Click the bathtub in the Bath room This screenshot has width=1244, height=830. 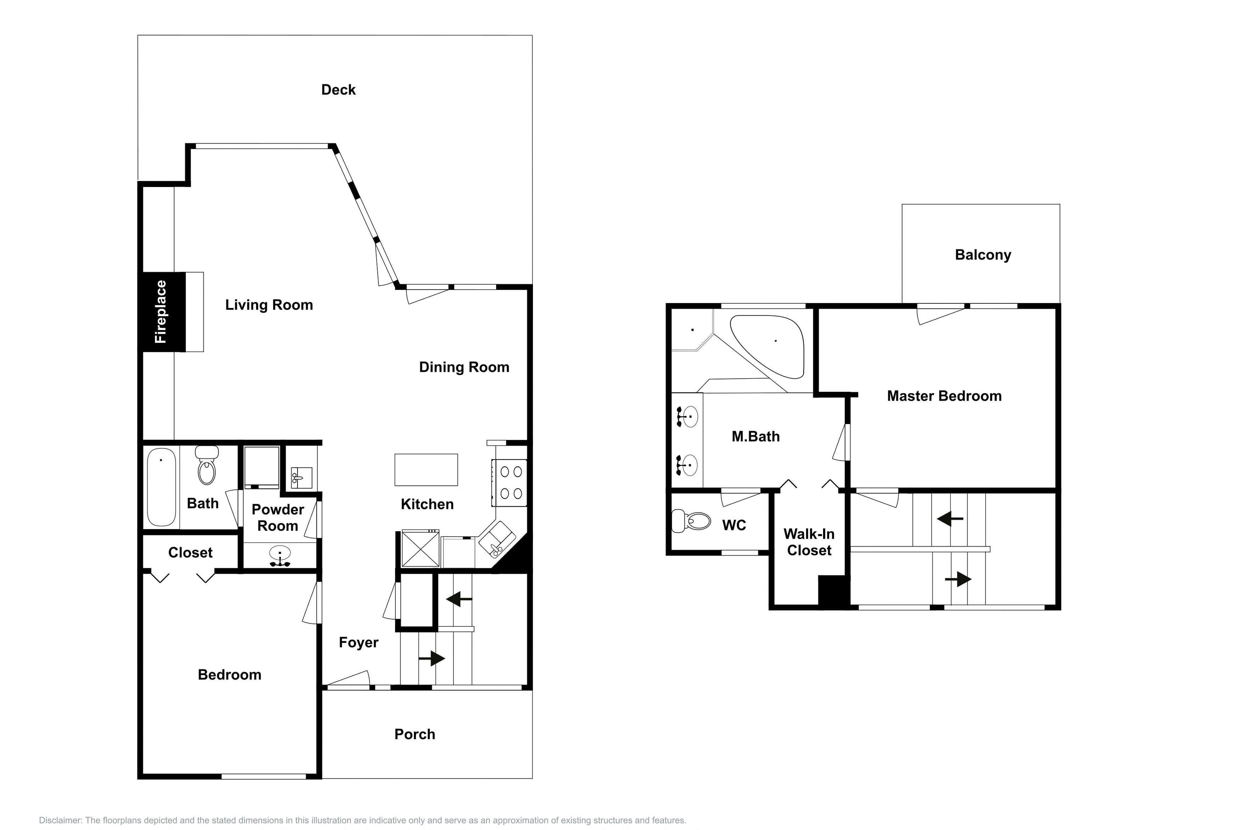pos(161,487)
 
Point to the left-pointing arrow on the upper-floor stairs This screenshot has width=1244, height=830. pos(950,519)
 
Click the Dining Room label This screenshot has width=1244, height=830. pos(464,367)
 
